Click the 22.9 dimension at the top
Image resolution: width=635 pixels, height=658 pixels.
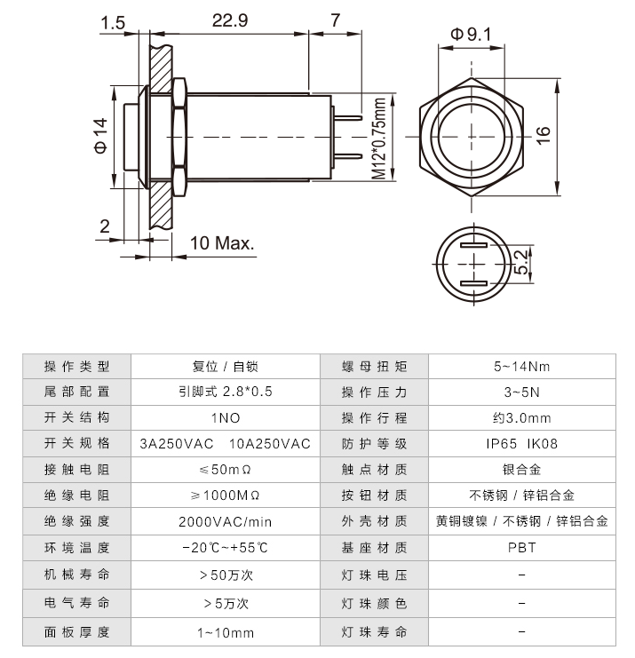tap(229, 20)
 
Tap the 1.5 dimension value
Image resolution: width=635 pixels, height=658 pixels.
tap(113, 21)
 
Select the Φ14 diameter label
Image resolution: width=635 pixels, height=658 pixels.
tap(100, 137)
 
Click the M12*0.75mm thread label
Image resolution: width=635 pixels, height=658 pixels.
tap(379, 139)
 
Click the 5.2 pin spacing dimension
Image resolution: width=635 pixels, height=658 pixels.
tap(523, 260)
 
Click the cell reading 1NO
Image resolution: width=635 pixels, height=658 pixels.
tap(225, 417)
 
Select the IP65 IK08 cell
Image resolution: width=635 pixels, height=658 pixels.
tap(521, 444)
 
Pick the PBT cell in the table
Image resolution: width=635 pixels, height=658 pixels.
tap(521, 549)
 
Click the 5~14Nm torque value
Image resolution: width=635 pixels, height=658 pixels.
tap(521, 366)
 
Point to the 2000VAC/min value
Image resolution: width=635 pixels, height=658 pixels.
tap(225, 522)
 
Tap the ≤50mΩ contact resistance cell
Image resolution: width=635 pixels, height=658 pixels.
tap(225, 470)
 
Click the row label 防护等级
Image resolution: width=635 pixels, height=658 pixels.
tap(374, 444)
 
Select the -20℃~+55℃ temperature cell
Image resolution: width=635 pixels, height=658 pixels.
tap(225, 549)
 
